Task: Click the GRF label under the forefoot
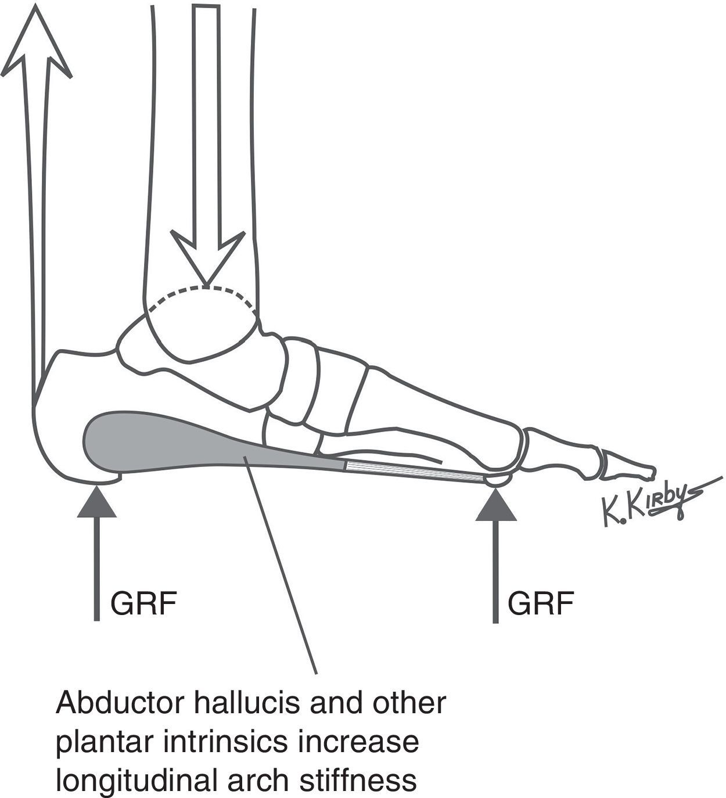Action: [540, 604]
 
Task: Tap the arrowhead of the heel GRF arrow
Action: [96, 500]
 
